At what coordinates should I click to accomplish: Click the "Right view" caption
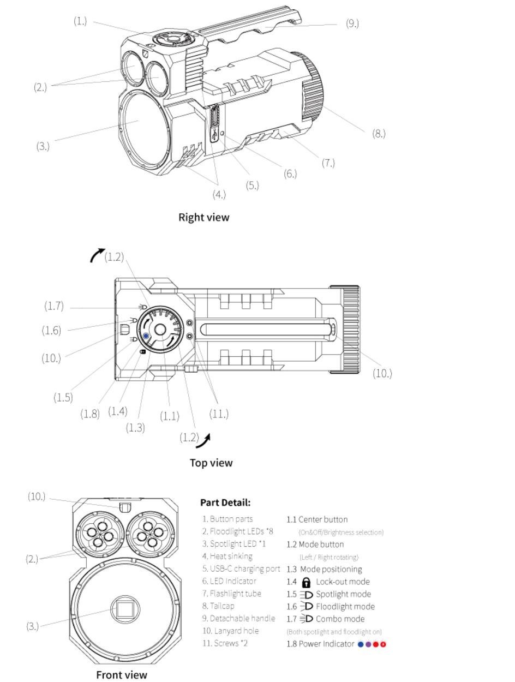(x=203, y=217)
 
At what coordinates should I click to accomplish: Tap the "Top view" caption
(x=211, y=463)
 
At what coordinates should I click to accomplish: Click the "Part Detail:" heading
(x=225, y=502)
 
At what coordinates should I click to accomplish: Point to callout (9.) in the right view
(x=352, y=23)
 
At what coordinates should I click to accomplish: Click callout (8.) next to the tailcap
(x=379, y=134)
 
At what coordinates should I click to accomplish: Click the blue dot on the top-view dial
(x=146, y=336)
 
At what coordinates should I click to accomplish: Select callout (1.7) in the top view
(x=54, y=306)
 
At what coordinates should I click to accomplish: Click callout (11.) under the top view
(x=219, y=414)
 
